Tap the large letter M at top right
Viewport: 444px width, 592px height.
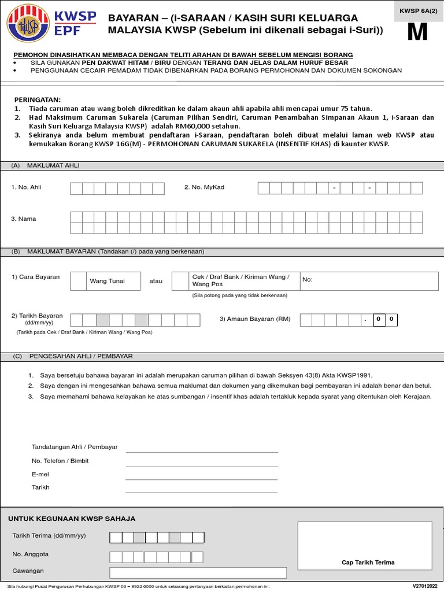pos(417,32)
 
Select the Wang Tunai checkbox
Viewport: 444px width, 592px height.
pos(78,281)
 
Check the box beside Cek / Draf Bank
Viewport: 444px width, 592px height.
pos(180,281)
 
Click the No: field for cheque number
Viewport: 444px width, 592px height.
pos(369,281)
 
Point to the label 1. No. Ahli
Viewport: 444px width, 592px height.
pos(26,187)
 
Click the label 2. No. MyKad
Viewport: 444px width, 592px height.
pos(203,187)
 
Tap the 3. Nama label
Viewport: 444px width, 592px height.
pos(23,219)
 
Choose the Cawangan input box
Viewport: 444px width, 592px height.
pos(198,572)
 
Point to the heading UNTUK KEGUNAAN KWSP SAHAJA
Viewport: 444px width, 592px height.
pos(72,519)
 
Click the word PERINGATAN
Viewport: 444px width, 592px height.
pos(37,99)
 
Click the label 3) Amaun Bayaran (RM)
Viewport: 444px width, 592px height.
pos(255,319)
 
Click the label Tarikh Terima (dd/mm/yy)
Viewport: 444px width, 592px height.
pos(49,536)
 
